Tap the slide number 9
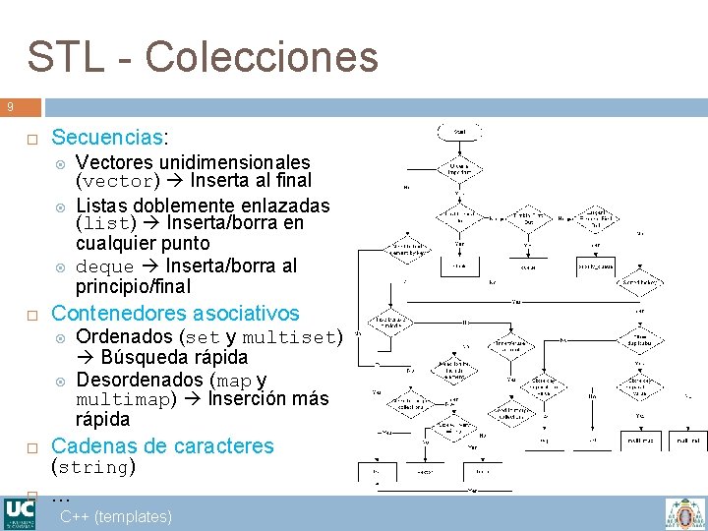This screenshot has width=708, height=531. click(x=9, y=106)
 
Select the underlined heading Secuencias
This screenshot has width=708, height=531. click(x=108, y=137)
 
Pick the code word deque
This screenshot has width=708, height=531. click(x=104, y=266)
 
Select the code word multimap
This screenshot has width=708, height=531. click(x=124, y=400)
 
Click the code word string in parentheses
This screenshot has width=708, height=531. click(x=92, y=467)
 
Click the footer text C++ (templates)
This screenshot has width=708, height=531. click(x=115, y=516)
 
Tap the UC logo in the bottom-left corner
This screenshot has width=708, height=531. click(x=19, y=513)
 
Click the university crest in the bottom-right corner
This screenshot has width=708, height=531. click(x=684, y=513)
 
